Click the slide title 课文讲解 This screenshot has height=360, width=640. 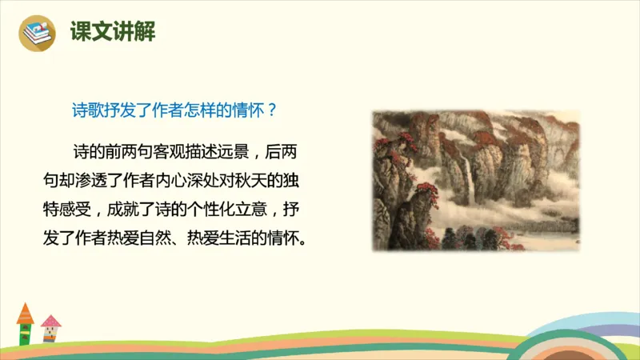pos(112,32)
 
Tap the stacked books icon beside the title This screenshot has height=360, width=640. pos(36,33)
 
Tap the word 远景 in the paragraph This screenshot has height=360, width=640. pos(242,151)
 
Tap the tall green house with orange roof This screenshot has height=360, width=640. pos(26,324)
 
